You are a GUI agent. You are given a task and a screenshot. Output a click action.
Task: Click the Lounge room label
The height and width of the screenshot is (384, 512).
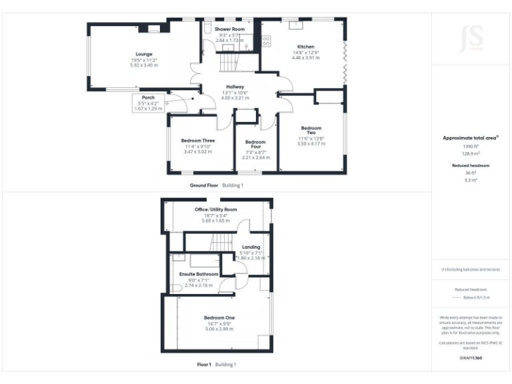point(144,54)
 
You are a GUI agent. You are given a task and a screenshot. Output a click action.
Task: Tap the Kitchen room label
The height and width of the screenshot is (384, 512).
point(305,47)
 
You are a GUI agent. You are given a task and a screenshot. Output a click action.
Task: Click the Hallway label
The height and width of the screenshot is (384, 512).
point(235,87)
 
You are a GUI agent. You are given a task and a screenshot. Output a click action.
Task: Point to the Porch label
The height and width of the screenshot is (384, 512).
point(148,97)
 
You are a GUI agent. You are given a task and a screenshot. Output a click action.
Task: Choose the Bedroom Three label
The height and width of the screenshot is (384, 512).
point(198,141)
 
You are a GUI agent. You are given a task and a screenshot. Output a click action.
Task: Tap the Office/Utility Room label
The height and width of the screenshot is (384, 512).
point(215,209)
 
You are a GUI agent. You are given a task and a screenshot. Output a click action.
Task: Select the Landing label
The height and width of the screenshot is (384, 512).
point(251,247)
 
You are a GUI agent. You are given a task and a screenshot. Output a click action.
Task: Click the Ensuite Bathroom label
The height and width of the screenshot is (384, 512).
point(197,274)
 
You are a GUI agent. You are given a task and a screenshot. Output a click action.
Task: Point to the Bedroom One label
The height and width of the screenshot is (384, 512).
point(219,317)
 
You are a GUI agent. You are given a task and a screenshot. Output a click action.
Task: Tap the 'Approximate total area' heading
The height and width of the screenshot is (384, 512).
point(471,137)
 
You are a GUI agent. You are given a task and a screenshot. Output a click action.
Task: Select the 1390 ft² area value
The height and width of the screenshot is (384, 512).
point(471,146)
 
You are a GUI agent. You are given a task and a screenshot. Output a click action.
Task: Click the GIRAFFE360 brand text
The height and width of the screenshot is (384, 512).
point(471,358)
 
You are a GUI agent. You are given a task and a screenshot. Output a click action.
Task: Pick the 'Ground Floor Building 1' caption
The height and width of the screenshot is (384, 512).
point(217,185)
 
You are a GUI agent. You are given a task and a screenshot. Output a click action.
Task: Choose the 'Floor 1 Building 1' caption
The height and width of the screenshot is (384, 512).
point(217,365)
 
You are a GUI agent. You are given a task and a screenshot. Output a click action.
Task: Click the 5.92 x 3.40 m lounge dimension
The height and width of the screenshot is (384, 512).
point(144,65)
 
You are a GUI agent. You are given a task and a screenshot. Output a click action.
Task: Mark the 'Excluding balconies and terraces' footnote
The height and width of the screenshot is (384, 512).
point(471,269)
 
